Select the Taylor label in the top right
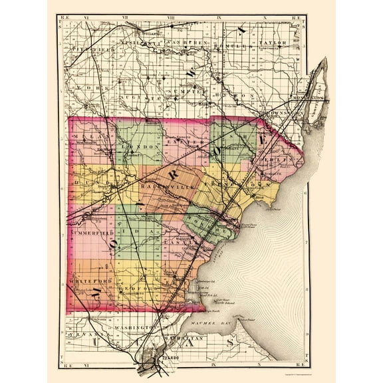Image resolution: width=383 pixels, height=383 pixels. [x=273, y=43]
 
